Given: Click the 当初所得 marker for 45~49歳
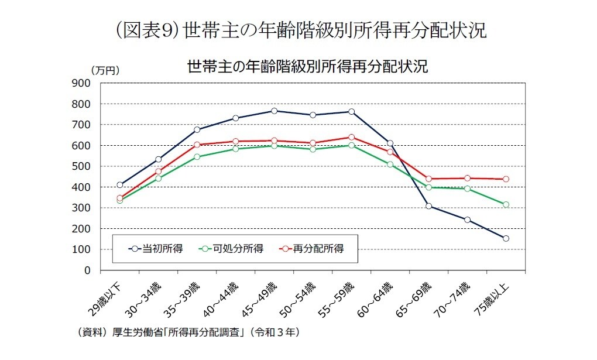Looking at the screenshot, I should click(x=274, y=111).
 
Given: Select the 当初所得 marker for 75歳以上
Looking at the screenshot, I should click(x=506, y=238).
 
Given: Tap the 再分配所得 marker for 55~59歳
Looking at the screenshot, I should click(x=351, y=137).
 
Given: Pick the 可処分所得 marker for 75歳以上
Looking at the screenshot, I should click(x=506, y=204).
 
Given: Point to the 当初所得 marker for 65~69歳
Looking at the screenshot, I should click(x=428, y=206).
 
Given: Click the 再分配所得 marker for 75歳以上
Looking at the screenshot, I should click(x=506, y=179).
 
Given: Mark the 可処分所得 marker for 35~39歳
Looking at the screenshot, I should click(x=197, y=157).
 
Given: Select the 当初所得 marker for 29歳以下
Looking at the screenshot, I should click(x=119, y=185).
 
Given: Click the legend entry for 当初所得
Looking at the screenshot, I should click(x=156, y=249).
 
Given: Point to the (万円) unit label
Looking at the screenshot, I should click(x=105, y=70).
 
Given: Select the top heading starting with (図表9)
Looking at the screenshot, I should click(x=298, y=29).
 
